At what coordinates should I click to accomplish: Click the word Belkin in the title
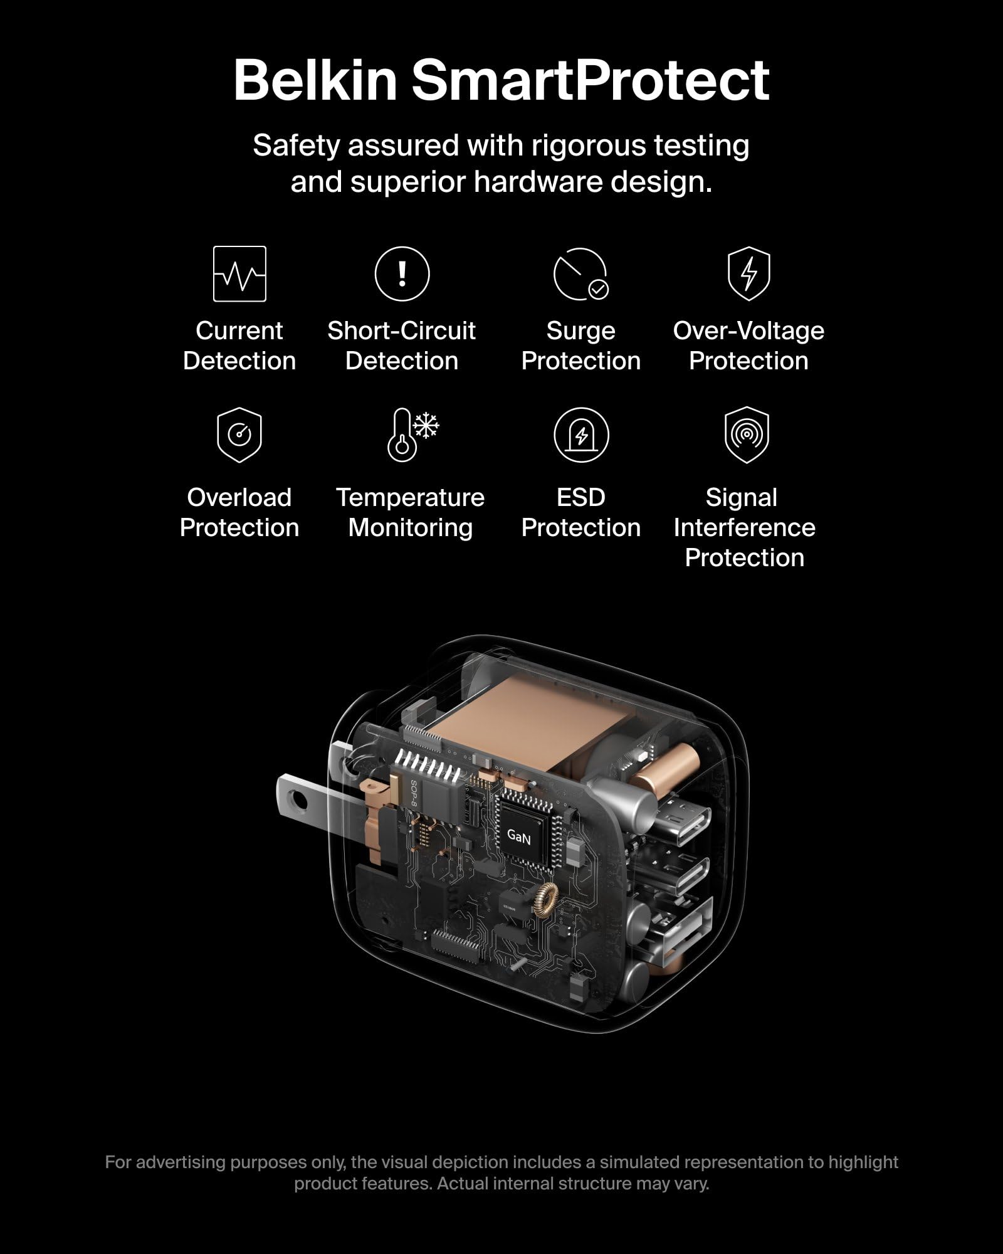315,80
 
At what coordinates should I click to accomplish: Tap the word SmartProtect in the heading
590,80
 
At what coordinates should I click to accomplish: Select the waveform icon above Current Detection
239,274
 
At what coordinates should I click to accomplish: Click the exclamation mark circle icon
402,274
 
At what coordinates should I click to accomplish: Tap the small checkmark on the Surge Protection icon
599,289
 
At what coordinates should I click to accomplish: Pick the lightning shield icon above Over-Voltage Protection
748,274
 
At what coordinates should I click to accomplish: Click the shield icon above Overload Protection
239,435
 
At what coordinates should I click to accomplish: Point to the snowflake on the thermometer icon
426,426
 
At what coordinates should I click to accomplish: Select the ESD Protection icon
581,435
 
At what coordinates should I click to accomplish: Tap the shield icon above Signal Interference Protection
746,435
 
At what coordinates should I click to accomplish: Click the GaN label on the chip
518,836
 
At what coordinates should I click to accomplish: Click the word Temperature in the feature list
410,498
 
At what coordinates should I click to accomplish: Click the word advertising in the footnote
181,1162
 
